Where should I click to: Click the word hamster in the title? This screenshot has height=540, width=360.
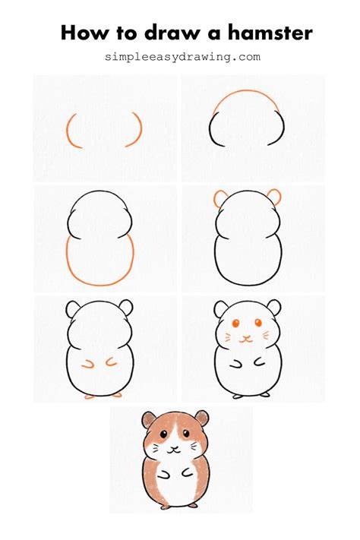click(270, 33)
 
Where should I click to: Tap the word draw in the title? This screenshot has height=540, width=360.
click(172, 33)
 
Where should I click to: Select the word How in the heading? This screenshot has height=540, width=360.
click(84, 33)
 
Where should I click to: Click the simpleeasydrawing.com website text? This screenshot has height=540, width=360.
click(182, 56)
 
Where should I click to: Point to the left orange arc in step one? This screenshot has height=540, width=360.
click(67, 131)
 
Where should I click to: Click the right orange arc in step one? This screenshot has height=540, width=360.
click(141, 129)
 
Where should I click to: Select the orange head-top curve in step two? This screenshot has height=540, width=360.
click(246, 91)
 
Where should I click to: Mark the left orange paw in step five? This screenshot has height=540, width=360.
click(89, 365)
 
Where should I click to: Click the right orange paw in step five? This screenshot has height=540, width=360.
click(111, 362)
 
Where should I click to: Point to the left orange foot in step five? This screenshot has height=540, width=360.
click(90, 396)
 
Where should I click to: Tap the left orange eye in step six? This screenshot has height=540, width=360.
click(236, 323)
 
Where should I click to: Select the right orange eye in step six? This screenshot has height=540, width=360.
click(258, 323)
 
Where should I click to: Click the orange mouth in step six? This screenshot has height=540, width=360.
click(245, 339)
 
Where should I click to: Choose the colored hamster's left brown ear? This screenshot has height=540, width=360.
click(149, 419)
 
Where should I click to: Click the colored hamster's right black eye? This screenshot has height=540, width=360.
click(186, 433)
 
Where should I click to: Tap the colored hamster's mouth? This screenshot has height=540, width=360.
click(174, 450)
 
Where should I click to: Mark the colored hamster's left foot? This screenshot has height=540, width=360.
click(165, 507)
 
